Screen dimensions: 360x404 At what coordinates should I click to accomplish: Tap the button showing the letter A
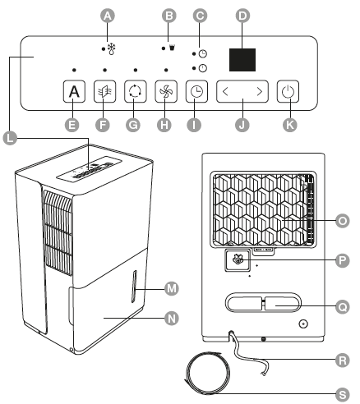74,91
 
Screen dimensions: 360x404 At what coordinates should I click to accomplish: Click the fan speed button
166,91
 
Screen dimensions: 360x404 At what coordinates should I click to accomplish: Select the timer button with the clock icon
196,91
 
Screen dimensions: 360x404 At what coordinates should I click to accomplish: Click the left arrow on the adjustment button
225,91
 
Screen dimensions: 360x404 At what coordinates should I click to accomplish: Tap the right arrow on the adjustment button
260,91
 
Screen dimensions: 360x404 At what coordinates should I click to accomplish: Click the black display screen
242,60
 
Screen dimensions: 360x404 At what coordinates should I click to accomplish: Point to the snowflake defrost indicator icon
111,48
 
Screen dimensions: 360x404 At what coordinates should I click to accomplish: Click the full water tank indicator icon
172,48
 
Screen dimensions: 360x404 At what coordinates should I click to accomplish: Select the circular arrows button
136,91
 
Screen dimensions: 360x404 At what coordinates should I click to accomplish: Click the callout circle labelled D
242,16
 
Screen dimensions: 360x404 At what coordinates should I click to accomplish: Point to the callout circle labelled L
10,138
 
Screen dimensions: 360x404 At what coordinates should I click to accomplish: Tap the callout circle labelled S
343,394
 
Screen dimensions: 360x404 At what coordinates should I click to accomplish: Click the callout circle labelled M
172,288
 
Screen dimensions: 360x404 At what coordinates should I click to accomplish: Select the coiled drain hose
207,373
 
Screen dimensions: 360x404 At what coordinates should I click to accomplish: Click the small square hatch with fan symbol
238,260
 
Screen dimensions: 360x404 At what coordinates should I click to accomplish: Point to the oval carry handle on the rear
263,302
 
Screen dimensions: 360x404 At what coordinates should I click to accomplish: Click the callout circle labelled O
343,221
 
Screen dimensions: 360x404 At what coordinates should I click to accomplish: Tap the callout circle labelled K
290,125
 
